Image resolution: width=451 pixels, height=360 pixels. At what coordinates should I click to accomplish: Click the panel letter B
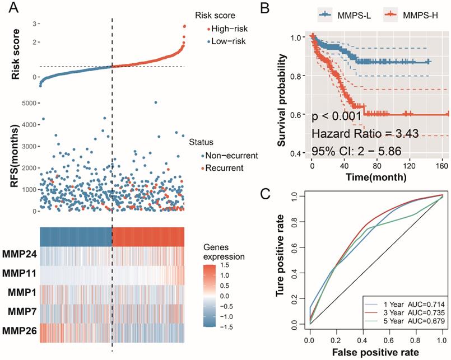(x=281, y=8)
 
